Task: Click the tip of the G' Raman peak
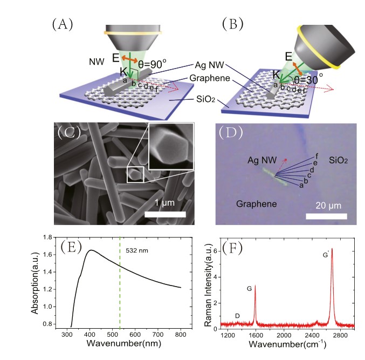click(x=332, y=249)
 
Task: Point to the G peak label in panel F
click(x=249, y=289)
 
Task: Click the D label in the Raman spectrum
click(x=237, y=315)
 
